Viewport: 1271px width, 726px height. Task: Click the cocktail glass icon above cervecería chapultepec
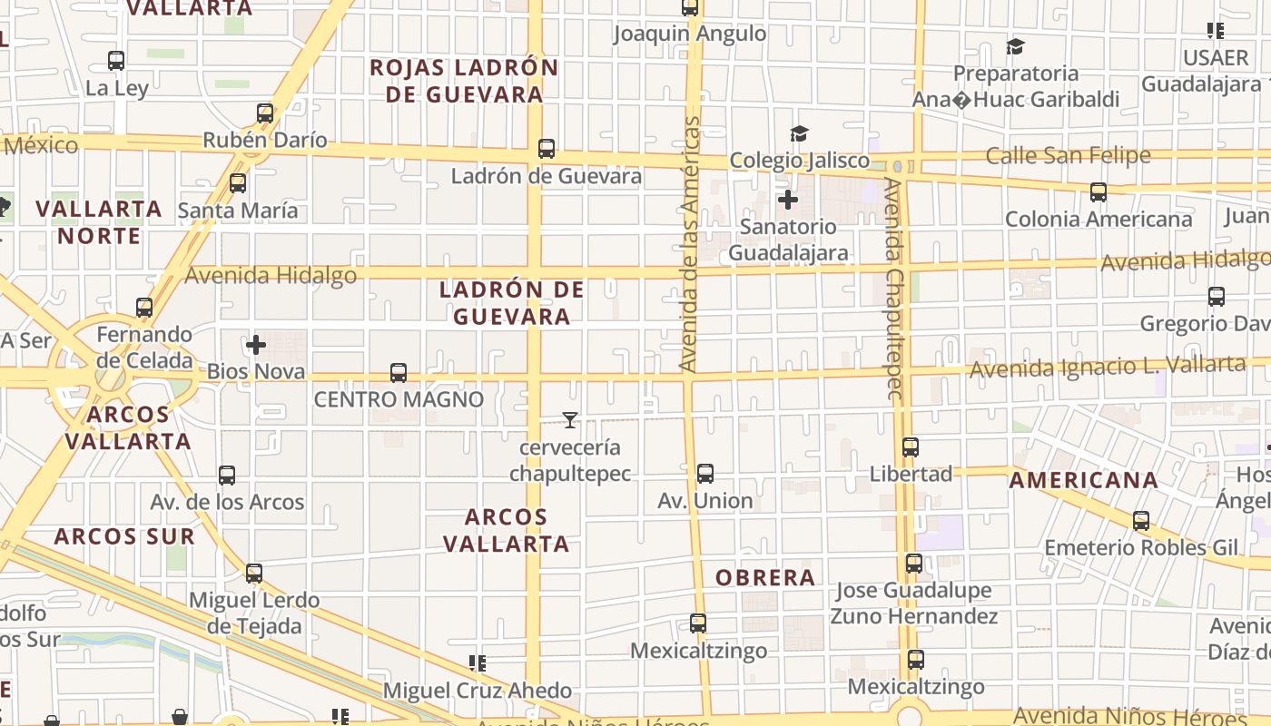pos(570,420)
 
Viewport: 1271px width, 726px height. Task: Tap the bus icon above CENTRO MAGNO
pos(399,372)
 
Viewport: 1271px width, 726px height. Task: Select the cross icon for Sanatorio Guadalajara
pos(788,199)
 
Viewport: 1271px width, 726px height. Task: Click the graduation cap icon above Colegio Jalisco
pos(799,134)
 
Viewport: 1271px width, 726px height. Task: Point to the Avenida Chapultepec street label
pos(894,289)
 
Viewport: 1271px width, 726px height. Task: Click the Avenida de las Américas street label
pos(691,243)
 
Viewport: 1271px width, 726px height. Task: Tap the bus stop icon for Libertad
pos(911,446)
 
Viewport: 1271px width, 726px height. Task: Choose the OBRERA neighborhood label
pos(765,577)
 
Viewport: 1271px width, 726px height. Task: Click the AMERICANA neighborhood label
pos(1084,480)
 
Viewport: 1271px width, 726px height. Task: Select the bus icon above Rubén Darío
pos(265,113)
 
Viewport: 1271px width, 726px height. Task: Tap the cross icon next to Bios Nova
pos(256,345)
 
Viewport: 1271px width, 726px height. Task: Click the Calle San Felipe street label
pos(1068,155)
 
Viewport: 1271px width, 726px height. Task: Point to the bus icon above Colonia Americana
pos(1099,192)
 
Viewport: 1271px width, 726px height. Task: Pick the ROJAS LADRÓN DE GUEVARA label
pos(464,81)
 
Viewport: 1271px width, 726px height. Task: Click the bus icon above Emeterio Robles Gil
pos(1141,521)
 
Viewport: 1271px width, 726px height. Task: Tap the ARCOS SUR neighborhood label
pos(124,535)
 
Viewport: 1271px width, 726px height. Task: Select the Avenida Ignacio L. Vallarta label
pos(1108,367)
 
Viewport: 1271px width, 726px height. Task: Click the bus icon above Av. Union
pos(705,473)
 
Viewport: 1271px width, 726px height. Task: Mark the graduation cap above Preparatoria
pos(1016,46)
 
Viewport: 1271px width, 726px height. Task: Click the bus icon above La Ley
pos(116,61)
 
